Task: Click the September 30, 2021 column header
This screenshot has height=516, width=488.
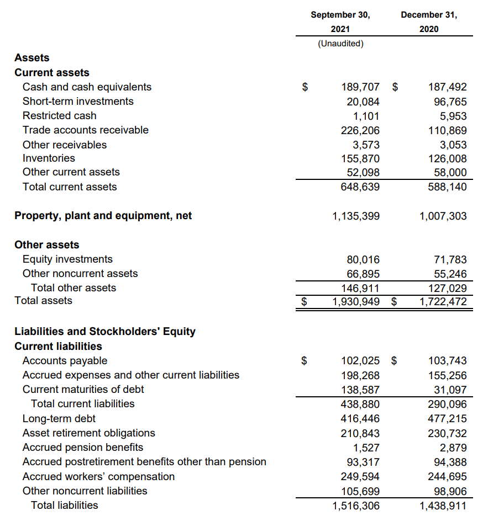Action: [340, 22]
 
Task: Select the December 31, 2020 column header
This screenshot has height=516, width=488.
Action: [429, 22]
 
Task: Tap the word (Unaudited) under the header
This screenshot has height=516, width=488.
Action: [340, 44]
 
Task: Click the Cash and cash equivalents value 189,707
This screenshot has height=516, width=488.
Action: [360, 87]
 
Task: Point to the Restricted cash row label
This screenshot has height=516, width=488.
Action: [59, 116]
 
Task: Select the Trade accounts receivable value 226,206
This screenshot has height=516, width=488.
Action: [360, 131]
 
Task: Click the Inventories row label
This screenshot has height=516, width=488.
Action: [49, 158]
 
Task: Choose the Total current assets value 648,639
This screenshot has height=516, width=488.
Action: [360, 187]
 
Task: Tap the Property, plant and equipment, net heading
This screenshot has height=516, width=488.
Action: [103, 216]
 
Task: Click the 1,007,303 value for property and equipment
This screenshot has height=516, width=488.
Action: [443, 216]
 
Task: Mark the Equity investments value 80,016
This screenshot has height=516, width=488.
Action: [363, 259]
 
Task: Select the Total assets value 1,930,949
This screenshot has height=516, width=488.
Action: [356, 302]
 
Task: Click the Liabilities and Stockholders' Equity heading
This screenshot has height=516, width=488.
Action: [105, 332]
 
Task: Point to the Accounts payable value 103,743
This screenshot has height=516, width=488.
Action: [448, 361]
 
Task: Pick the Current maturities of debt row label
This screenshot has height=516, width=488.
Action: [83, 390]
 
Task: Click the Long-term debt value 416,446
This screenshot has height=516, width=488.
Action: [360, 419]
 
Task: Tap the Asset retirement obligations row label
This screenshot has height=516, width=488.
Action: [88, 433]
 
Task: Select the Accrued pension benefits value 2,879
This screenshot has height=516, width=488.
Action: [453, 448]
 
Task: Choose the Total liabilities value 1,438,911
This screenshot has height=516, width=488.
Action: [443, 506]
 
